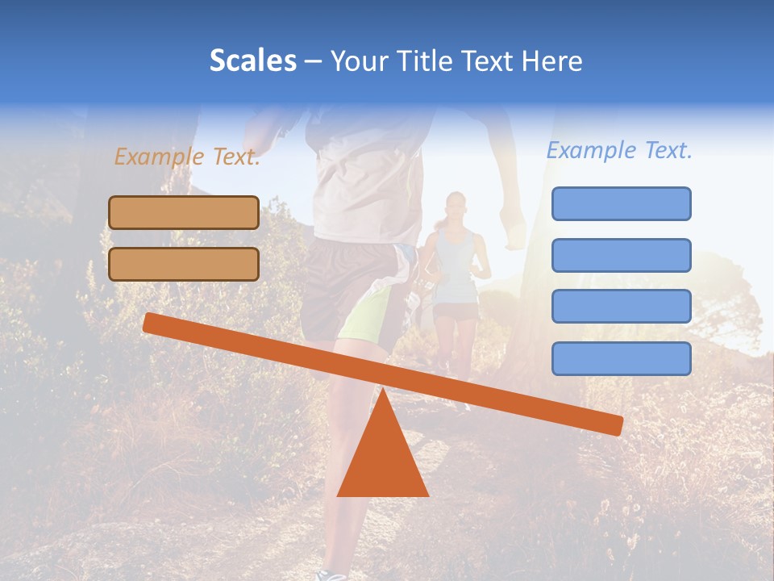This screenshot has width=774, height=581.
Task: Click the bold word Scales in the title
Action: coord(252,61)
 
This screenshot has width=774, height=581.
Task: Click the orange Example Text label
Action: coord(187,157)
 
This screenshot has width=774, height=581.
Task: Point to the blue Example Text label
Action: coord(619,150)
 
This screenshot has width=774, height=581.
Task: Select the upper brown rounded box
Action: coord(184,212)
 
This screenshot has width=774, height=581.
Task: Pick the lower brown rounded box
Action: coord(184,264)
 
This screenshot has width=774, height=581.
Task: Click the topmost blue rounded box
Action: coord(621,203)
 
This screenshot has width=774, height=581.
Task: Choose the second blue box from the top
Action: coord(621,255)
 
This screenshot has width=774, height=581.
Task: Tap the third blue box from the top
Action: coord(621,306)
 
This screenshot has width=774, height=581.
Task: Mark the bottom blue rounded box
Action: coord(621,358)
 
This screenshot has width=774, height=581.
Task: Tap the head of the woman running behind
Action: coord(456,207)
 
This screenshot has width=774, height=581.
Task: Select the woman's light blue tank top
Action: coord(456,266)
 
